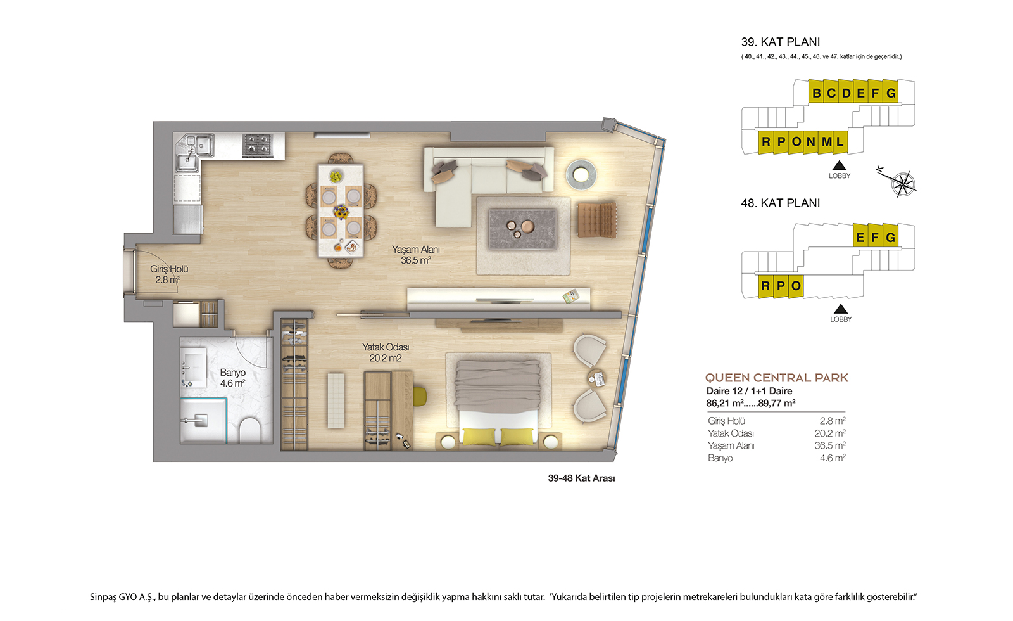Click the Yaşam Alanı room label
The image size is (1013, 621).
click(415, 250)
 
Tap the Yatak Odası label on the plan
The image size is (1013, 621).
click(386, 347)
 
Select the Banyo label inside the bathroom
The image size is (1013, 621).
click(232, 373)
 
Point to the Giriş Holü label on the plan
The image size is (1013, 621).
click(169, 269)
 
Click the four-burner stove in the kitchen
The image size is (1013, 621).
click(258, 145)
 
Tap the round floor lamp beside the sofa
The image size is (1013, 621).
click(581, 174)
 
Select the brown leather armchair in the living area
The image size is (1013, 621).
click(596, 219)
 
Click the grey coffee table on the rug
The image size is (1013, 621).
click(522, 229)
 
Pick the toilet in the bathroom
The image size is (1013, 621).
click(250, 430)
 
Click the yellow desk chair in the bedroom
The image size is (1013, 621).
click(420, 397)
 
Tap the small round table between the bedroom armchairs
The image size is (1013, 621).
click(596, 378)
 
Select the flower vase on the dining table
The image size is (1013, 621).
click(341, 212)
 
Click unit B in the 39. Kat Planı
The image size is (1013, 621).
click(816, 93)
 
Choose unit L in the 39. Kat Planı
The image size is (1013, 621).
click(840, 142)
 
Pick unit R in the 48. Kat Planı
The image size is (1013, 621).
click(765, 286)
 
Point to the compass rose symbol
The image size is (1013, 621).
click(903, 184)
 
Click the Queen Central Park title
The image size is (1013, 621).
click(776, 378)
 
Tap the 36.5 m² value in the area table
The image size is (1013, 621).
click(830, 445)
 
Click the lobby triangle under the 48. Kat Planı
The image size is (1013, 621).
click(841, 309)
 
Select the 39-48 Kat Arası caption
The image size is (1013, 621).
click(582, 478)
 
